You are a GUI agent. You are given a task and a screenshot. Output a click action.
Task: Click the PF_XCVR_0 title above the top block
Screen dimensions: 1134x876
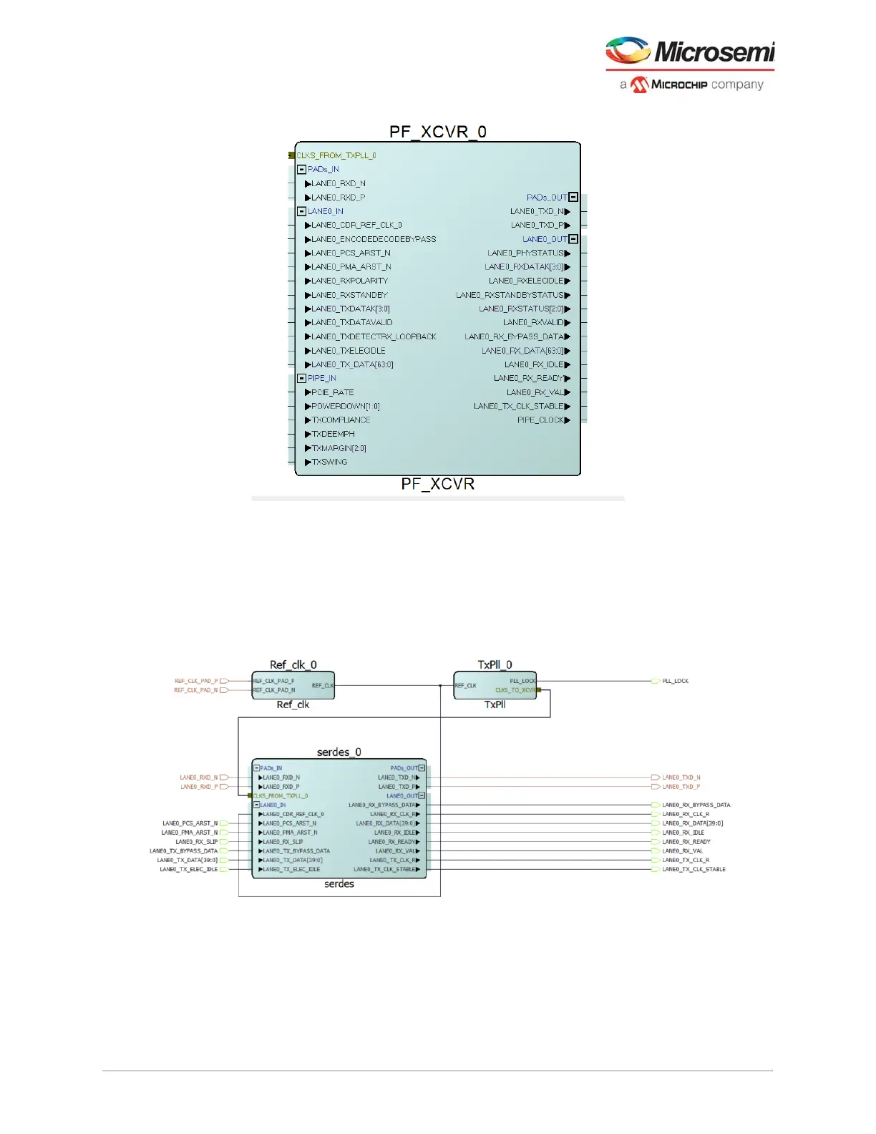(x=437, y=132)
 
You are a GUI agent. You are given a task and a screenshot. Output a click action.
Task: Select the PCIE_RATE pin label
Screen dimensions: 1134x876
(x=333, y=392)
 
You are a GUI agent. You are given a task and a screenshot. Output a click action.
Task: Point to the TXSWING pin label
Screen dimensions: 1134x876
(x=329, y=462)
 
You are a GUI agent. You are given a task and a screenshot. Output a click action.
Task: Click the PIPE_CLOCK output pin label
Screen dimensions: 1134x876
(x=540, y=420)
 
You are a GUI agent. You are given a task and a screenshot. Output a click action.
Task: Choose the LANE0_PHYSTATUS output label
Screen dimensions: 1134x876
(x=525, y=253)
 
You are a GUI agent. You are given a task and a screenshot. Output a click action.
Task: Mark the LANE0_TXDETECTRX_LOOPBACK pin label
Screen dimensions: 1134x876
(x=374, y=336)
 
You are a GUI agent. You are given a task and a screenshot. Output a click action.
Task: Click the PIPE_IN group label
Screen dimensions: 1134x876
(x=322, y=378)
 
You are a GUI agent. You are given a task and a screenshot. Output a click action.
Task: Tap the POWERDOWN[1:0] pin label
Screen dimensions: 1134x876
(x=346, y=406)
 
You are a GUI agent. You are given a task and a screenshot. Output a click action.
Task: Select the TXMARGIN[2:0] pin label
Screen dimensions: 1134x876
(x=339, y=448)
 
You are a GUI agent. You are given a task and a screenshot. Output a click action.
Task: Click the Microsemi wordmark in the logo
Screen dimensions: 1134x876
(x=714, y=52)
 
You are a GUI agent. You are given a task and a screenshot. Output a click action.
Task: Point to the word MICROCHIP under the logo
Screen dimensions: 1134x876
(x=679, y=84)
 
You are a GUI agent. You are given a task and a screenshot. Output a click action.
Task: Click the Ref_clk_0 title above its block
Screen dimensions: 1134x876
(x=293, y=665)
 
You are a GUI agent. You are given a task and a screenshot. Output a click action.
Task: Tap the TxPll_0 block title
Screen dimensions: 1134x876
(x=495, y=665)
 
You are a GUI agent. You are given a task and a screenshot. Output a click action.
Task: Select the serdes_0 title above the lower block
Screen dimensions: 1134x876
(x=339, y=752)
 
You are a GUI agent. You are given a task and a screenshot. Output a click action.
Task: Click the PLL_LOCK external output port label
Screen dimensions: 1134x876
(x=675, y=681)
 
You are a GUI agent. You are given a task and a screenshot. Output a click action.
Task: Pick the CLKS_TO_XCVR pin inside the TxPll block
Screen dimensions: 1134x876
(x=515, y=690)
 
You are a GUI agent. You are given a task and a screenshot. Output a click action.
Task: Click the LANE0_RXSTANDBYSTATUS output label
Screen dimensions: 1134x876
(x=510, y=295)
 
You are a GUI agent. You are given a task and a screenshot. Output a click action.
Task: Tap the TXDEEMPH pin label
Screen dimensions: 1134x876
(x=333, y=434)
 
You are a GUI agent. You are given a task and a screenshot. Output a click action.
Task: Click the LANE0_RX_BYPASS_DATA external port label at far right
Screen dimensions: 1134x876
(x=696, y=805)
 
